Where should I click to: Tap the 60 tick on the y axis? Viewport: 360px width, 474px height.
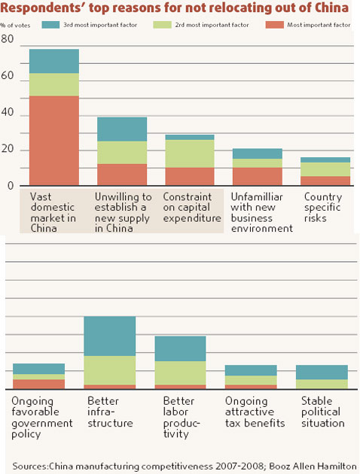[8, 76]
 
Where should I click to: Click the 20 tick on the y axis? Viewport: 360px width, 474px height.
[8, 149]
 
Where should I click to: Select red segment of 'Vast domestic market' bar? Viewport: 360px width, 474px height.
[53, 140]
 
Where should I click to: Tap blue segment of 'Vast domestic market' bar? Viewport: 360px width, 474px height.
[53, 61]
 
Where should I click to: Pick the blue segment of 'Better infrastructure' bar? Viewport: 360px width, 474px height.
[109, 336]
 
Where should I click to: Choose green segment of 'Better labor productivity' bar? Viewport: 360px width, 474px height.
[180, 372]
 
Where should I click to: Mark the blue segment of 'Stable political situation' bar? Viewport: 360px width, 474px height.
[322, 372]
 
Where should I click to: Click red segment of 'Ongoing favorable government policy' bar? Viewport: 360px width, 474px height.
[38, 384]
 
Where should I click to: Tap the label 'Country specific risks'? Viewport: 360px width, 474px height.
[322, 208]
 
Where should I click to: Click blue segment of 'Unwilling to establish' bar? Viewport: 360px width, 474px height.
[121, 129]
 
